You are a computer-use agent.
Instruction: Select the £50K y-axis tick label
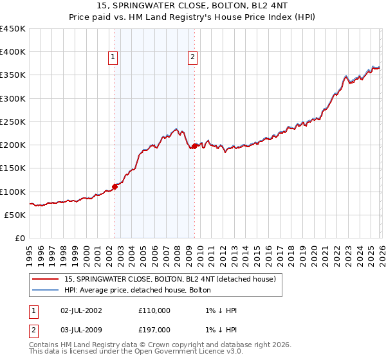pos(15,215)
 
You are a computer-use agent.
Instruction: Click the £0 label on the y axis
pos(21,238)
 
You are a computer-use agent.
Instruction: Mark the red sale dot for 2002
pos(115,186)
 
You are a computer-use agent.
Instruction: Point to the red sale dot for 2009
pos(194,147)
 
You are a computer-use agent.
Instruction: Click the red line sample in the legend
pos(45,279)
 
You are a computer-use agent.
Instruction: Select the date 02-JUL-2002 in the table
pos(80,310)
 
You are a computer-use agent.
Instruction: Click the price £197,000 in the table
pos(154,330)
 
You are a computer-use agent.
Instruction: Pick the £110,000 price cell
pos(154,310)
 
